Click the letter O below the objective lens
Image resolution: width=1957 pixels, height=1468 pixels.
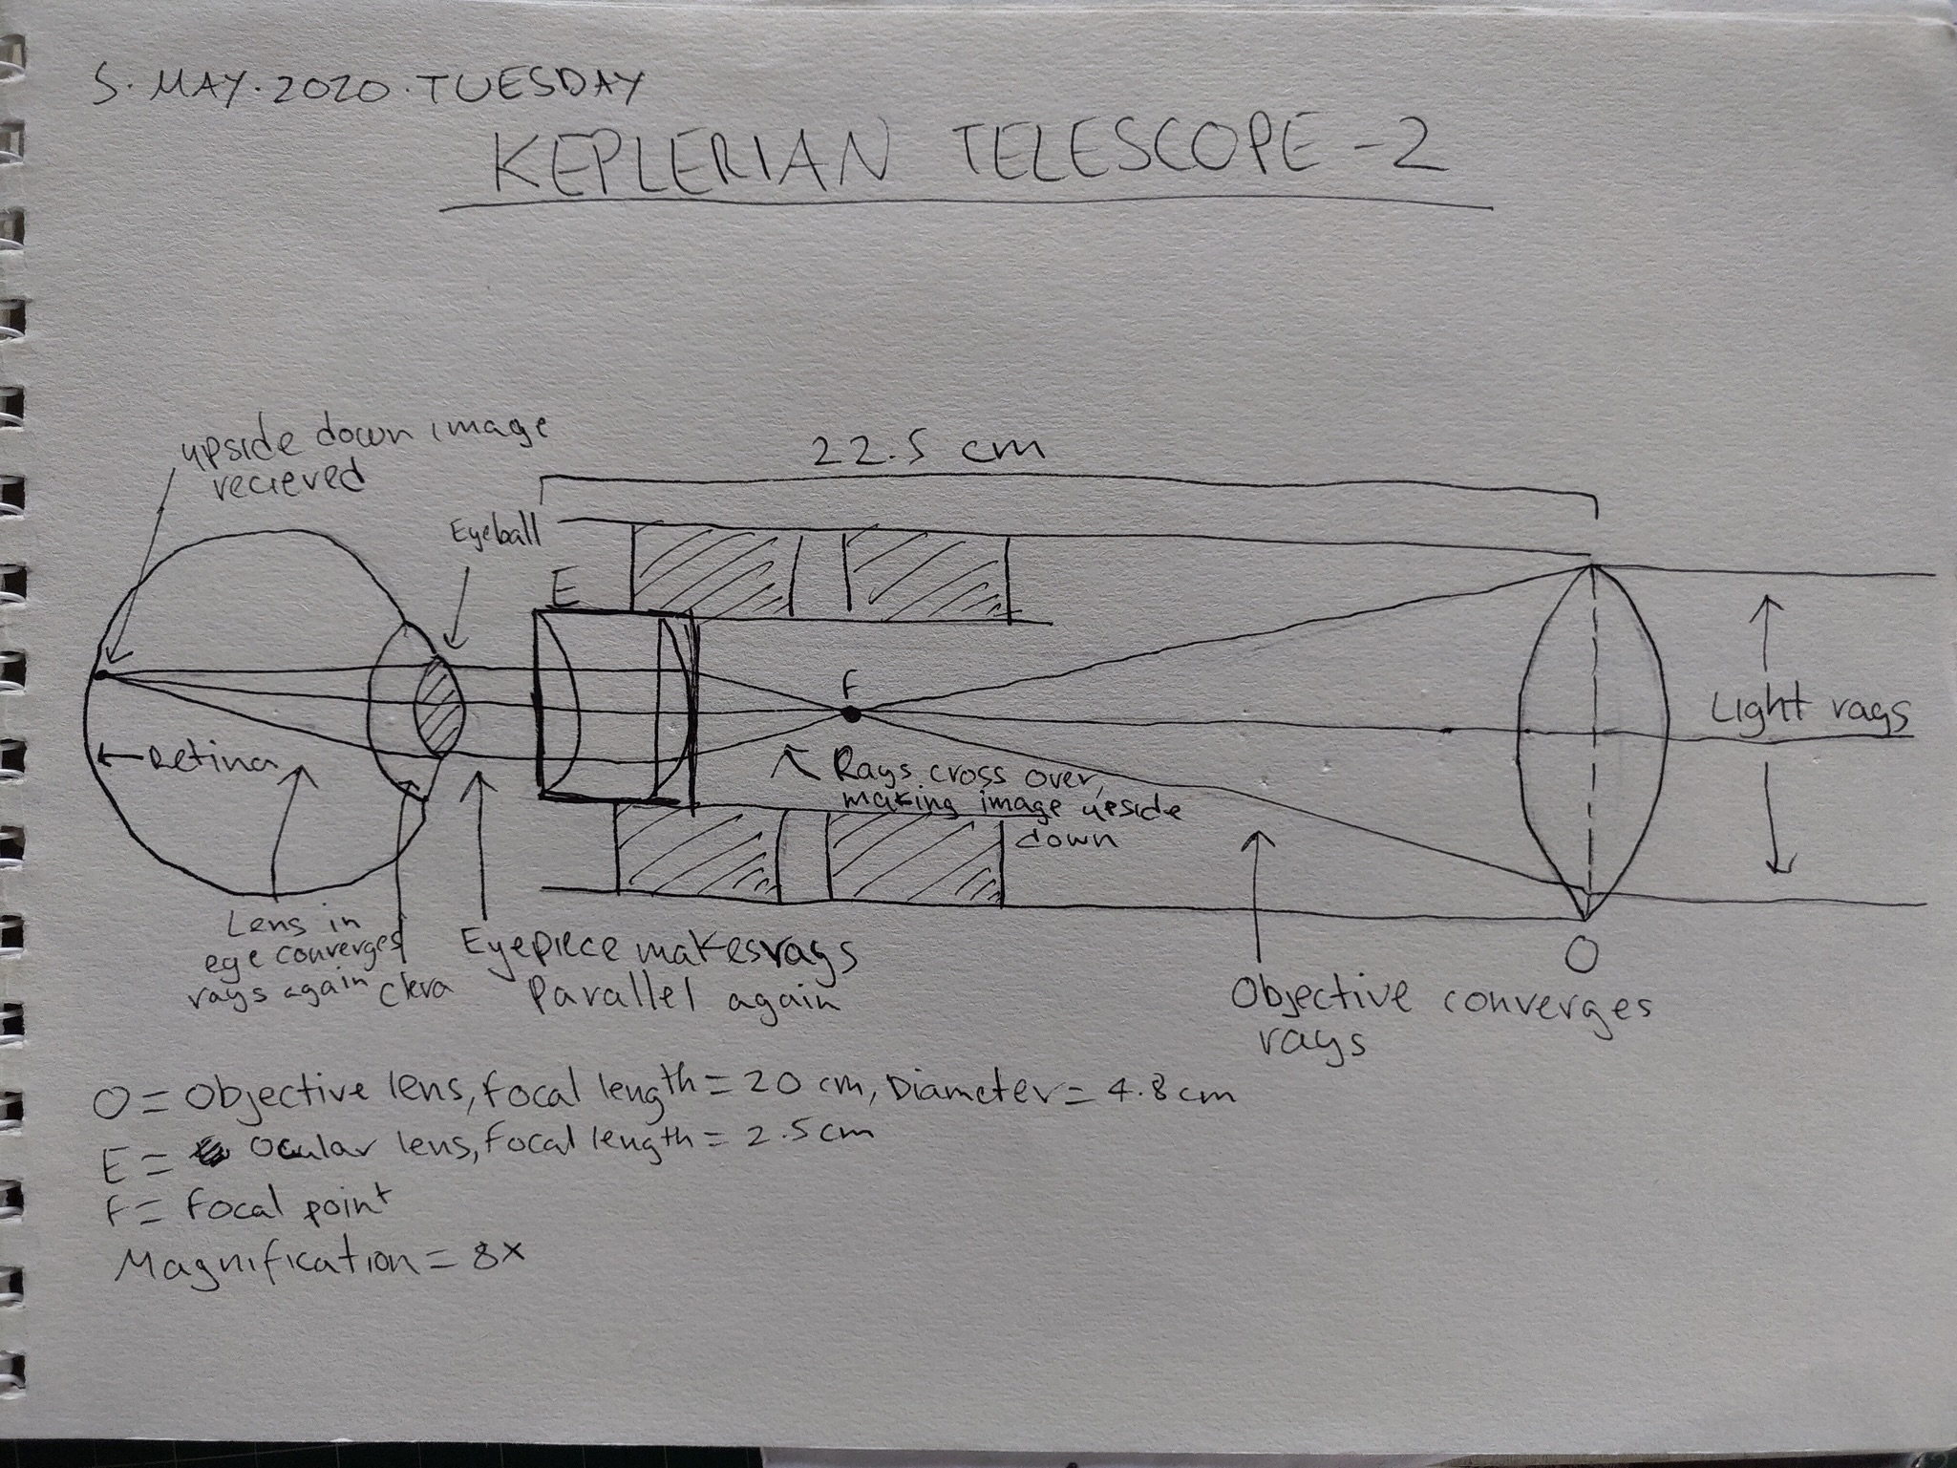[1582, 955]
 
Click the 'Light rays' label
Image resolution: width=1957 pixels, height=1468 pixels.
[1810, 711]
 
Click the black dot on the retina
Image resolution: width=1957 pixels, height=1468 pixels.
[98, 675]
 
